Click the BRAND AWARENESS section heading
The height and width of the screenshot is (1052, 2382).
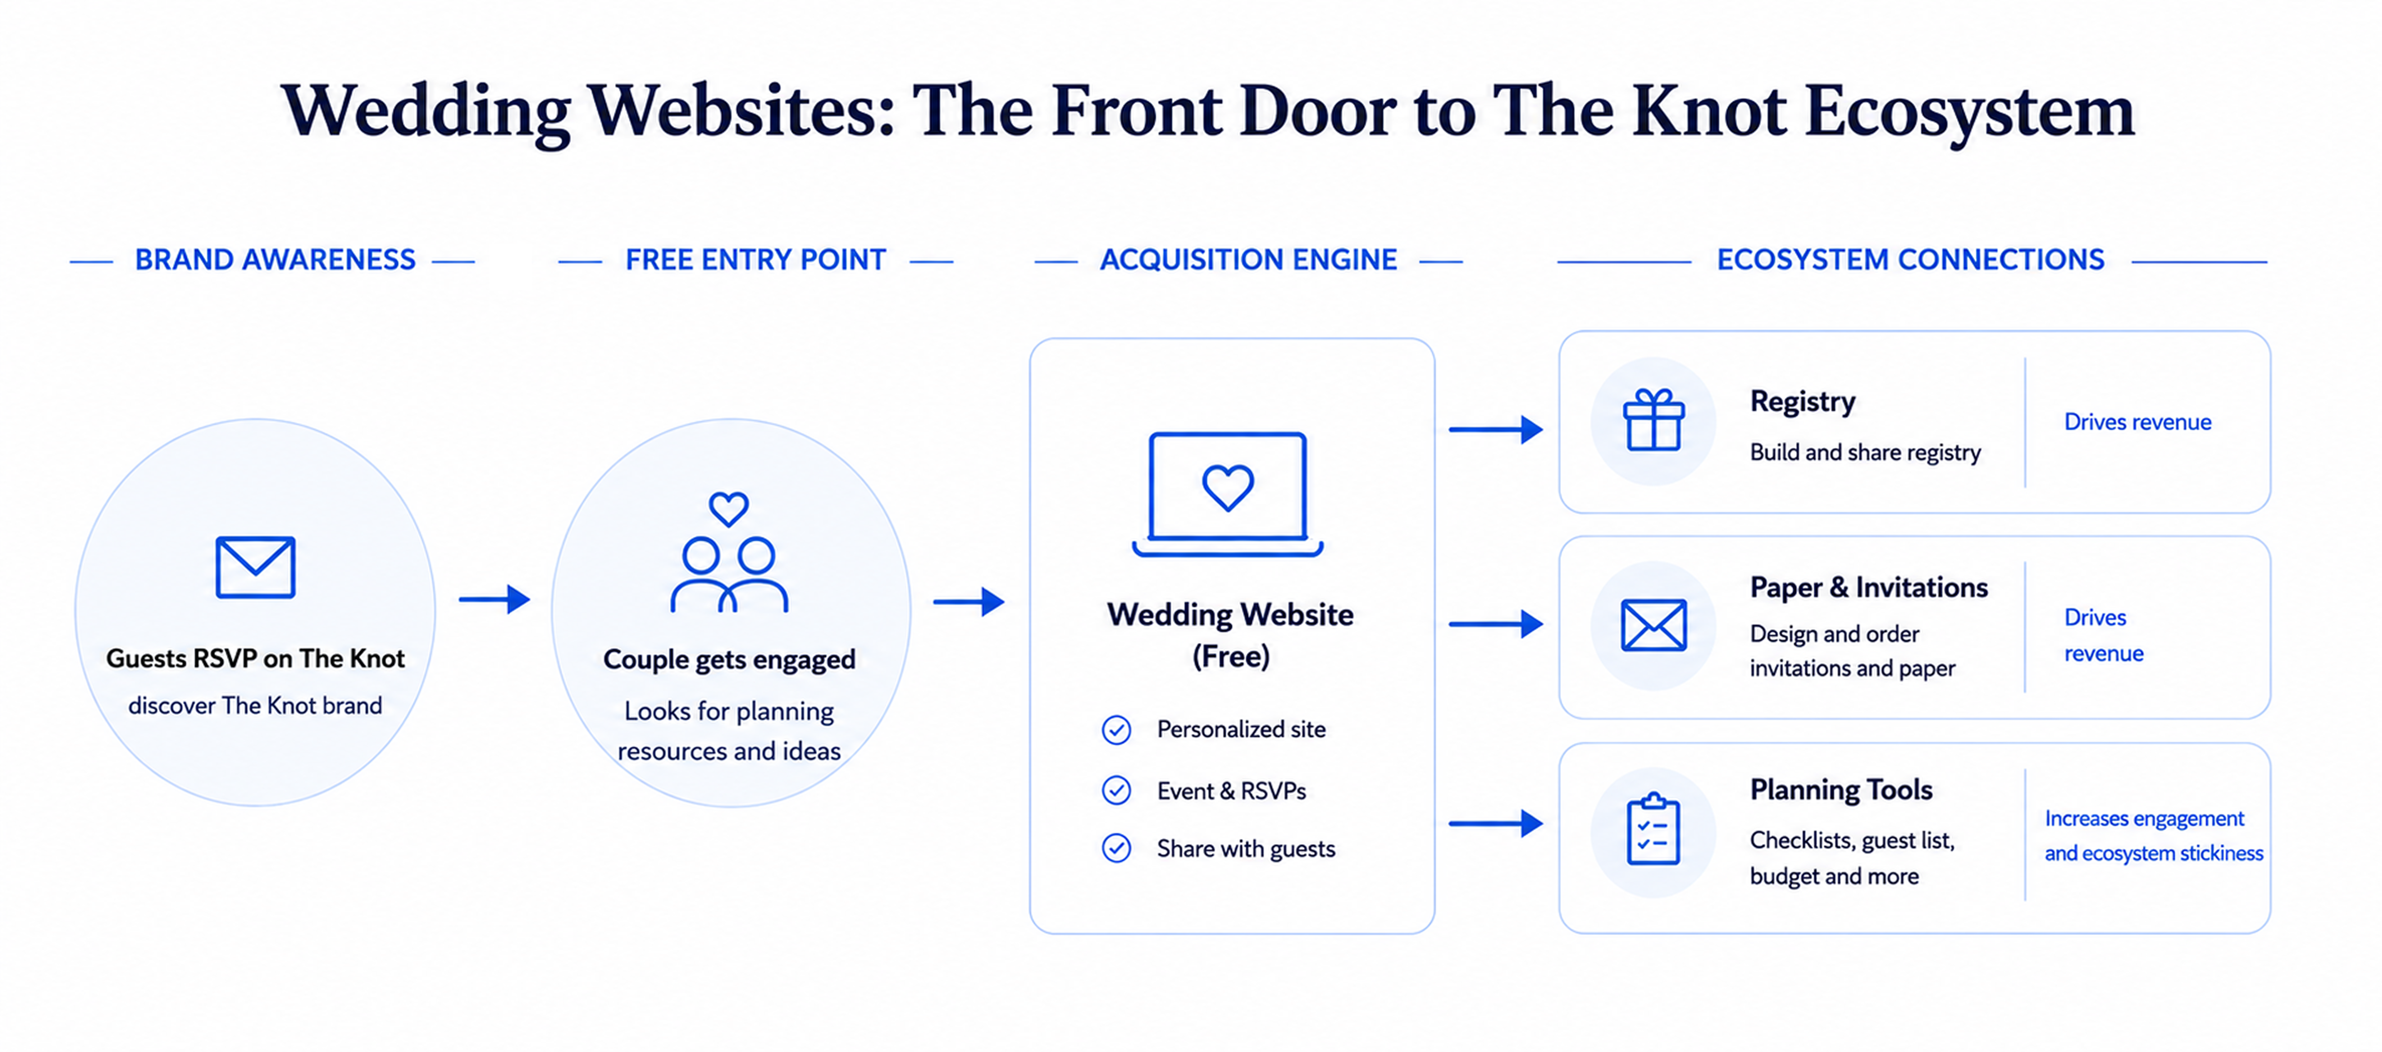(275, 260)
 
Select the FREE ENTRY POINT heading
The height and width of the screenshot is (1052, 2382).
(755, 260)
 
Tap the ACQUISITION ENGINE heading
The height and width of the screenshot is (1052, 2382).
(1248, 260)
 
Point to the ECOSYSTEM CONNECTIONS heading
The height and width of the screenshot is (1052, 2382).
(1911, 260)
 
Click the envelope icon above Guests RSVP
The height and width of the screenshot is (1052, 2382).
(255, 567)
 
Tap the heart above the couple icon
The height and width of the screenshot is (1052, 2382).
(729, 508)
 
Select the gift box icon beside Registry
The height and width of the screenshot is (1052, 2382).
(1654, 420)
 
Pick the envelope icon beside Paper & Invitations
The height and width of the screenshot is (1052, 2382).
(1654, 625)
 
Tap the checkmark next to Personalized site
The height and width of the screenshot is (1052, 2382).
(1116, 730)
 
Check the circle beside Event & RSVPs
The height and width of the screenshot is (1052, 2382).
(1116, 790)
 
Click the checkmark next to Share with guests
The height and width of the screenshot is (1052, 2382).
(1116, 848)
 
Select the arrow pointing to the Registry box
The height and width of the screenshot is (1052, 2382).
(1495, 429)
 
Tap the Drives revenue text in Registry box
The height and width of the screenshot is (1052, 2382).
(2138, 422)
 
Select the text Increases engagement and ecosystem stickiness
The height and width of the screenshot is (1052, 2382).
(2154, 835)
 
